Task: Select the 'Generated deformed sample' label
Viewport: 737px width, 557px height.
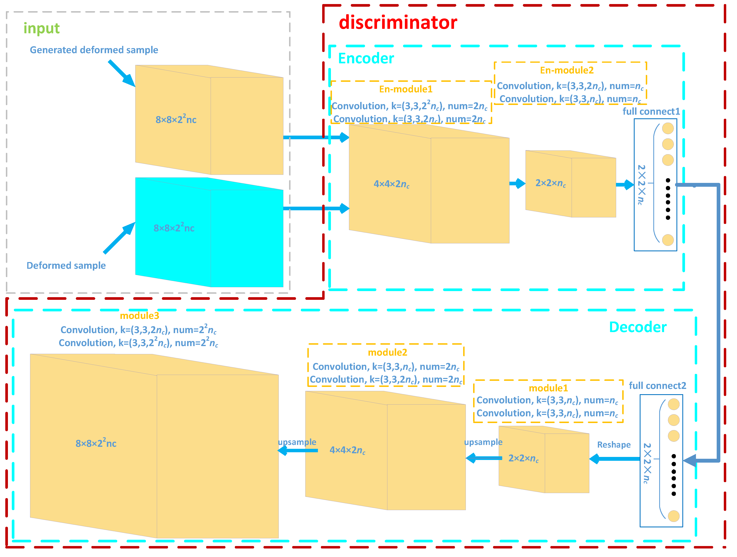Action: tap(94, 50)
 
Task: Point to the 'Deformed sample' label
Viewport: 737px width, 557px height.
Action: tap(66, 265)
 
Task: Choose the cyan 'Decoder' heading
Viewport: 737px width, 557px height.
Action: tap(637, 327)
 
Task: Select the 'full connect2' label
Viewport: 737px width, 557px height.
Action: tap(657, 385)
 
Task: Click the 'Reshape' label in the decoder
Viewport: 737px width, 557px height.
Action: tap(613, 445)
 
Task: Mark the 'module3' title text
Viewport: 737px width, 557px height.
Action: tap(139, 316)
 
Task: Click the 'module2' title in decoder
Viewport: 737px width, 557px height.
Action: tap(387, 352)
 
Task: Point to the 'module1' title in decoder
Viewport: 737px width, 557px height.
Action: tap(548, 388)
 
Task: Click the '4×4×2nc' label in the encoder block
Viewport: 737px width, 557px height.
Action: tap(391, 184)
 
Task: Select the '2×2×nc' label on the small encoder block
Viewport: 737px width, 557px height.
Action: tap(551, 183)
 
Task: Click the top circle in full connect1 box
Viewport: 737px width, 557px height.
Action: tap(668, 128)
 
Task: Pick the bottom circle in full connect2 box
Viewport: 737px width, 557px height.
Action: tap(673, 516)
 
